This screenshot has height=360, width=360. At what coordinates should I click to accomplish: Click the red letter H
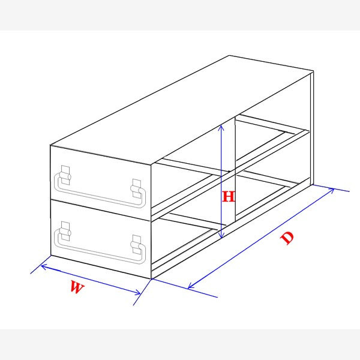(x=228, y=196)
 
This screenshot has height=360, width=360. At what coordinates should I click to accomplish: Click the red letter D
(x=288, y=238)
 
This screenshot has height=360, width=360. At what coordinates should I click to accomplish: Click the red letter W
(x=76, y=287)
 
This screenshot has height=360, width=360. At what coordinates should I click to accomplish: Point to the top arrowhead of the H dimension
(x=222, y=126)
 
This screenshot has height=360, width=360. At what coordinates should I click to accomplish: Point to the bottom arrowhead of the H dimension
(x=222, y=235)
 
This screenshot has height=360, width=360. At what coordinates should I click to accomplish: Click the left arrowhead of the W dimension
(x=43, y=266)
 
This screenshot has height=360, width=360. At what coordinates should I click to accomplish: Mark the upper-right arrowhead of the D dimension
(x=332, y=190)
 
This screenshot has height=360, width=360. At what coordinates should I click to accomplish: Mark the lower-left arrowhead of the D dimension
(x=191, y=286)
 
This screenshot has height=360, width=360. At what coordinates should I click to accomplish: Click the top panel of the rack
(x=180, y=108)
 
